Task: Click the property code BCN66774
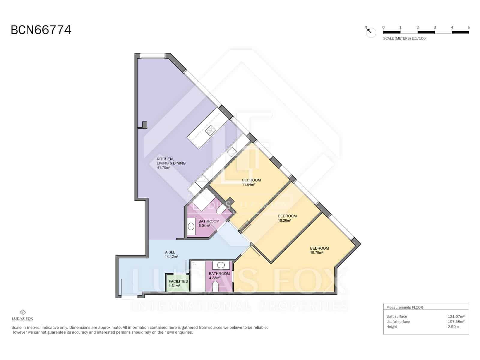click(41, 30)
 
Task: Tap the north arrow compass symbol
click(371, 31)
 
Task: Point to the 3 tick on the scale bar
click(435, 28)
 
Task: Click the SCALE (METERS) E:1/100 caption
click(404, 38)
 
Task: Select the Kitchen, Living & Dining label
click(171, 161)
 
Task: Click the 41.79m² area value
click(163, 168)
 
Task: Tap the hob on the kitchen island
click(210, 130)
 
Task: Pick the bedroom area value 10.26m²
click(284, 220)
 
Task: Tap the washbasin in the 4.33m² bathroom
click(221, 265)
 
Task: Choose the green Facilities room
click(178, 283)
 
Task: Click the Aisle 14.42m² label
click(171, 254)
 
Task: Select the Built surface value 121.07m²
click(456, 316)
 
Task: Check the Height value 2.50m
click(453, 327)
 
